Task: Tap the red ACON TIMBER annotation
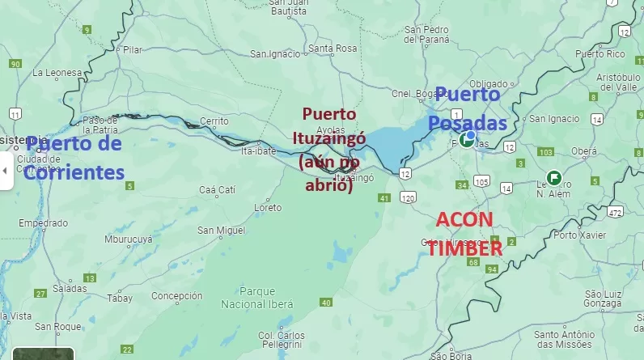click(465, 234)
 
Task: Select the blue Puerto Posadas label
click(468, 109)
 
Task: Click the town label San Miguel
click(221, 231)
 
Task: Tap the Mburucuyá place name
click(129, 239)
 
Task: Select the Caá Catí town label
click(217, 189)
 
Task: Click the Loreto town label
click(268, 208)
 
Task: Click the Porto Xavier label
click(583, 235)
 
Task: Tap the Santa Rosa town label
click(333, 49)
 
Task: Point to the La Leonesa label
click(57, 72)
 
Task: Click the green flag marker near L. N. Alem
click(553, 176)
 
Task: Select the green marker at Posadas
click(467, 139)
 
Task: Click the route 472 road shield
click(616, 212)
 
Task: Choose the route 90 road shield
click(15, 63)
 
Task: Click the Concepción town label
click(176, 296)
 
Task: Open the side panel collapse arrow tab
click(6, 171)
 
